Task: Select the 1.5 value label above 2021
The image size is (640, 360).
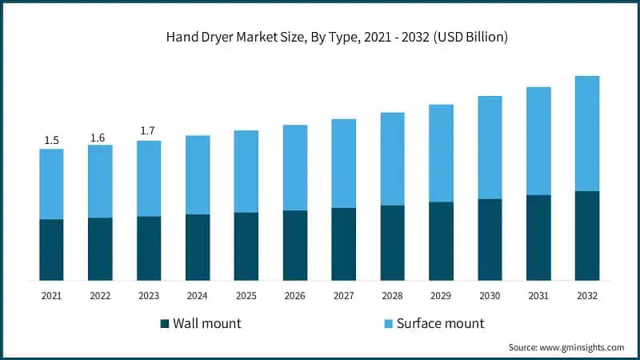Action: click(x=51, y=141)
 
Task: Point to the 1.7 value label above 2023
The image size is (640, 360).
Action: click(x=149, y=130)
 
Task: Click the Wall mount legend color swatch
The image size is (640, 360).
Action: click(x=165, y=324)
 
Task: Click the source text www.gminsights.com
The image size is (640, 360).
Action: click(x=566, y=347)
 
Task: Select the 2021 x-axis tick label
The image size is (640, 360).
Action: click(x=51, y=296)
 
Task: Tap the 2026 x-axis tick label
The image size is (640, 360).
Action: click(x=294, y=296)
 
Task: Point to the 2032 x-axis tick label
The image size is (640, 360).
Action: click(x=586, y=296)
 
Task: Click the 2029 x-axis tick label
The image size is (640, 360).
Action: click(x=441, y=296)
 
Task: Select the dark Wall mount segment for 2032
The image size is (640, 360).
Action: click(x=586, y=236)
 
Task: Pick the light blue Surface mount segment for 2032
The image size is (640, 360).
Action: click(x=586, y=134)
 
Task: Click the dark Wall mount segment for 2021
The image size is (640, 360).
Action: click(x=51, y=250)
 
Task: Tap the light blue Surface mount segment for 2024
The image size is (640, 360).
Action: click(x=198, y=174)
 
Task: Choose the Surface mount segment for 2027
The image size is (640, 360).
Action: click(x=343, y=163)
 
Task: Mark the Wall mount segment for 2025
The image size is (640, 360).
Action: click(x=246, y=246)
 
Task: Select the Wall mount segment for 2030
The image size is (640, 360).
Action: click(x=490, y=240)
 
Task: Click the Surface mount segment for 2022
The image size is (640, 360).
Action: click(x=100, y=182)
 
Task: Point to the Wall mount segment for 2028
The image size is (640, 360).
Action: click(x=392, y=243)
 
